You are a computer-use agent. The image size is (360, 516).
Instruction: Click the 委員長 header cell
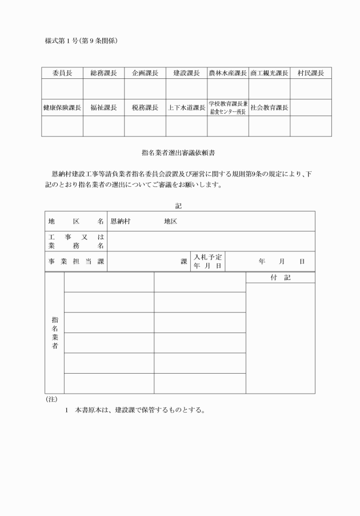click(62, 73)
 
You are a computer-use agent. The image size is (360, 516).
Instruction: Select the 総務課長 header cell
click(103, 73)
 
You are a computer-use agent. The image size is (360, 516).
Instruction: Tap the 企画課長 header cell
click(145, 73)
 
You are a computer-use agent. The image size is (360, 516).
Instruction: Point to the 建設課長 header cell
click(186, 73)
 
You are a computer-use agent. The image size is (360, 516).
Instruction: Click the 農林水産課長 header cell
click(227, 73)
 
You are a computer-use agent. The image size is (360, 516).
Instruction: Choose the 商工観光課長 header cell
click(269, 73)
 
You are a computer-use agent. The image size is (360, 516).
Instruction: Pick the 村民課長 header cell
click(310, 73)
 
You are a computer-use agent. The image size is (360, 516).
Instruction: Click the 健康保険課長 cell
click(62, 107)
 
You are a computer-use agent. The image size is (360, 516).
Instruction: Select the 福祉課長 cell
click(103, 107)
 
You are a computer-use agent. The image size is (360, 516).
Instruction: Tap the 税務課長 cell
click(145, 107)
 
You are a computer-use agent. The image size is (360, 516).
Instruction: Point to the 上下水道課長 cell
click(186, 107)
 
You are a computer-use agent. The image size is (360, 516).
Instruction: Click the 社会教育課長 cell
click(269, 107)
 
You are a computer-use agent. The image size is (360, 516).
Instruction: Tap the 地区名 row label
click(75, 221)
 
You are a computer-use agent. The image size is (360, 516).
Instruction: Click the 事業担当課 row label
click(75, 261)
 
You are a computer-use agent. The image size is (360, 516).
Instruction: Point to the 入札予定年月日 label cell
click(208, 261)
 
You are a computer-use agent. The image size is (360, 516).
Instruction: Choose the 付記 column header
click(280, 277)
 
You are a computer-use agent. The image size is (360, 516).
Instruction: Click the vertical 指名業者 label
click(54, 333)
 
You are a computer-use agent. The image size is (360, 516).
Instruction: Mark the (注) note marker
click(51, 399)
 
